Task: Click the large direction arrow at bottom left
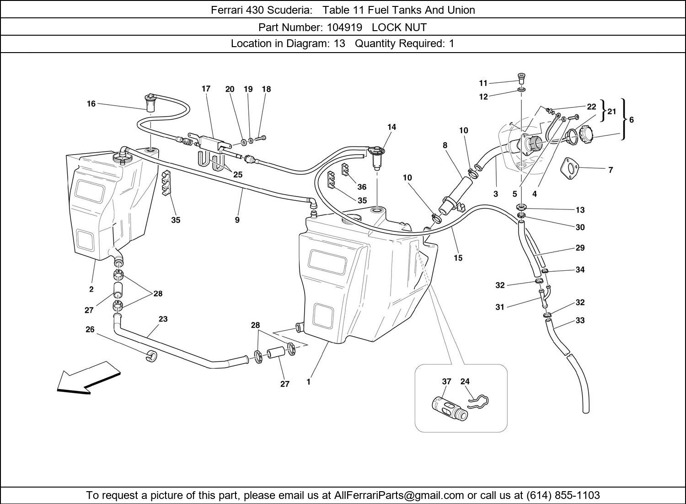click(x=87, y=378)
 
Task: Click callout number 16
click(x=91, y=104)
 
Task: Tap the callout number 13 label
click(x=580, y=210)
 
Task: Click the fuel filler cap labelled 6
click(x=586, y=135)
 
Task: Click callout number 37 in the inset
click(x=446, y=381)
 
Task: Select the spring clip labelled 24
click(x=478, y=401)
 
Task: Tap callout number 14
click(x=391, y=127)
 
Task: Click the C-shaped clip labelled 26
click(x=151, y=356)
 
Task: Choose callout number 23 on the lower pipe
click(x=163, y=319)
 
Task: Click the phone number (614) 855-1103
click(x=563, y=495)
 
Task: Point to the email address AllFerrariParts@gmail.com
click(x=399, y=495)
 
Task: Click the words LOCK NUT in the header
click(x=399, y=27)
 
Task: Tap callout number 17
click(x=206, y=89)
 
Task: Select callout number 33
click(x=580, y=321)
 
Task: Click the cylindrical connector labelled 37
click(x=450, y=407)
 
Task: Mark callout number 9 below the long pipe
click(x=237, y=220)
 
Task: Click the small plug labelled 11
click(x=521, y=76)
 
